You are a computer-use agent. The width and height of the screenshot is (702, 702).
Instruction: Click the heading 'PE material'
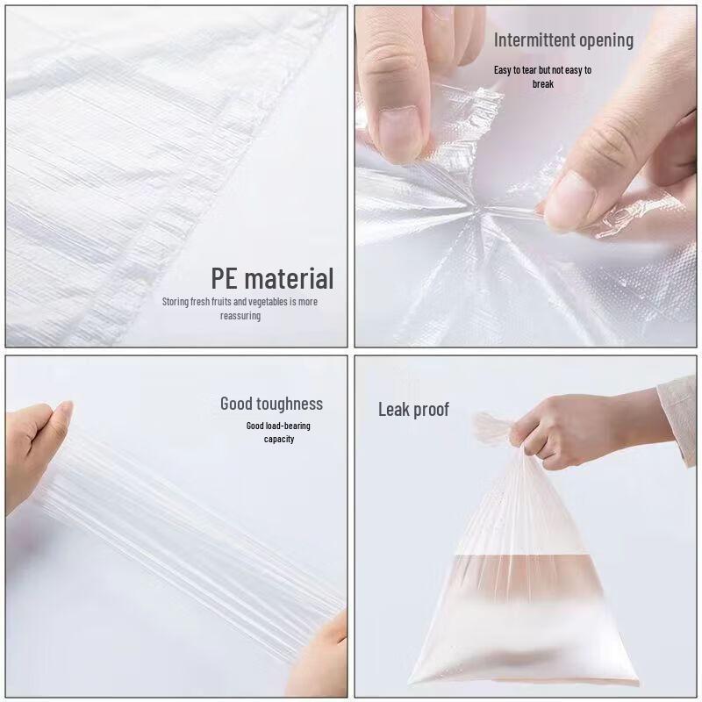click(272, 279)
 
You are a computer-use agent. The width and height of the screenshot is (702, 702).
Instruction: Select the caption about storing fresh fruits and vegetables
click(240, 308)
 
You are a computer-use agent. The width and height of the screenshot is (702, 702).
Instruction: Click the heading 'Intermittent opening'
click(562, 40)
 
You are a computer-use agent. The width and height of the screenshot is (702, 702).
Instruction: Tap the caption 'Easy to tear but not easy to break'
click(542, 76)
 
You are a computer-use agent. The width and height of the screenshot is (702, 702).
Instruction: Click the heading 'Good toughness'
click(271, 404)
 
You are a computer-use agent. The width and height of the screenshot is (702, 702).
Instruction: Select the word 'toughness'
click(289, 404)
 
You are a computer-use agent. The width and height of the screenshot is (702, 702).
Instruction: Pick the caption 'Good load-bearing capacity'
click(278, 432)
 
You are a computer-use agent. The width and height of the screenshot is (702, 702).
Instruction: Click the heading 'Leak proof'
click(413, 409)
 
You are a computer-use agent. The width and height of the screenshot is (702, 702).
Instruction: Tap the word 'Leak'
click(394, 409)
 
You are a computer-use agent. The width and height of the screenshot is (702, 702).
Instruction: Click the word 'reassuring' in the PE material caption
click(240, 316)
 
